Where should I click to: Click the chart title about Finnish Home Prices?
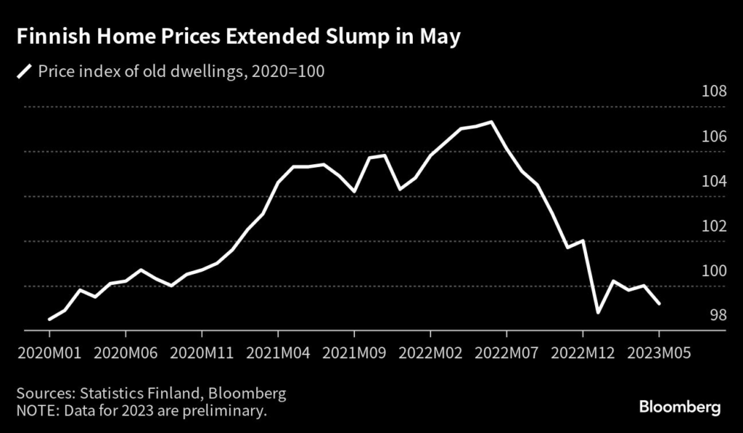[x=239, y=38]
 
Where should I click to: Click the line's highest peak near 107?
[x=491, y=122]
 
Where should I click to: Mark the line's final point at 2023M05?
[x=659, y=304]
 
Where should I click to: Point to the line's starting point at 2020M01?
[x=49, y=319]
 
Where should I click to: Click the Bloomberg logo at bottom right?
[x=680, y=407]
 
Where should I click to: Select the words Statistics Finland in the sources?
[x=135, y=394]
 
